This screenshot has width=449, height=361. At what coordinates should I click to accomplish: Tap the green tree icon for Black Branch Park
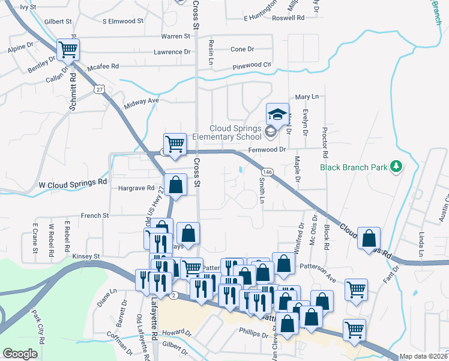(396, 165)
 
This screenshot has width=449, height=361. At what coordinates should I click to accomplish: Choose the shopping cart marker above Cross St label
(175, 144)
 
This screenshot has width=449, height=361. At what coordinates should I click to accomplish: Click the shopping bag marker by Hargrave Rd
(176, 185)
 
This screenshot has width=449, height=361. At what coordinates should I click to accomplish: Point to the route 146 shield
(268, 173)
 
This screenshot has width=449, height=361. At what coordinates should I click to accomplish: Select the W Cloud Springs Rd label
(73, 182)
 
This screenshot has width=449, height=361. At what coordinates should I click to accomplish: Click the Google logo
(20, 354)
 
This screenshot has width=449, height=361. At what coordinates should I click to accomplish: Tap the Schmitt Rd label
(73, 94)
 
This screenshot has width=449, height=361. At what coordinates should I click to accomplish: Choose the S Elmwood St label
(123, 20)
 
